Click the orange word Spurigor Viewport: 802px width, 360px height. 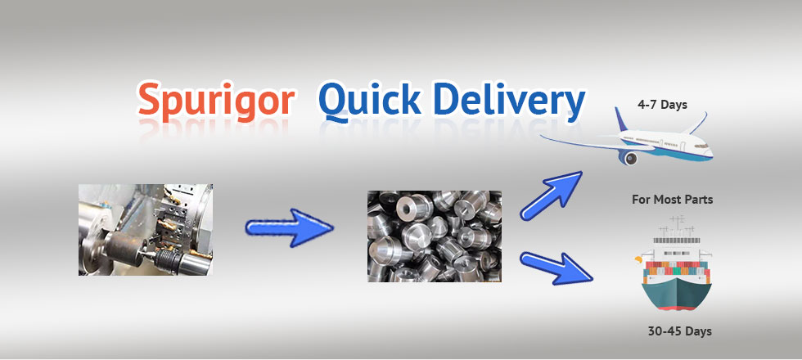[216, 99]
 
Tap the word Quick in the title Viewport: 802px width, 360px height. [369, 100]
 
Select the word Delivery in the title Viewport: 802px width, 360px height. [509, 100]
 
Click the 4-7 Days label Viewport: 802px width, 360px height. [662, 105]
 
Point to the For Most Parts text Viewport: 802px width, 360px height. [672, 200]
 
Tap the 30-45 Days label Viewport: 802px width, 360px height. [679, 331]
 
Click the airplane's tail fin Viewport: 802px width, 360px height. [621, 119]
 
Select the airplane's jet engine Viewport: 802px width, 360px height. [629, 157]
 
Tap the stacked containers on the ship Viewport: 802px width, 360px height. [676, 272]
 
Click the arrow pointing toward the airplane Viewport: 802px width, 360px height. [551, 195]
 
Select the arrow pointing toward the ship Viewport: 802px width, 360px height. [556, 268]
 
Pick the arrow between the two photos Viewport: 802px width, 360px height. [289, 227]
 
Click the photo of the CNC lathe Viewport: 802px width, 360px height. [146, 230]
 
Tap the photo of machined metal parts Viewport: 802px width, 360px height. [435, 236]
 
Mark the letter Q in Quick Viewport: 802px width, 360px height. [335, 101]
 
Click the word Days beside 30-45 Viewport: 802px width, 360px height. [698, 331]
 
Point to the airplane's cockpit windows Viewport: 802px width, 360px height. [702, 146]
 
